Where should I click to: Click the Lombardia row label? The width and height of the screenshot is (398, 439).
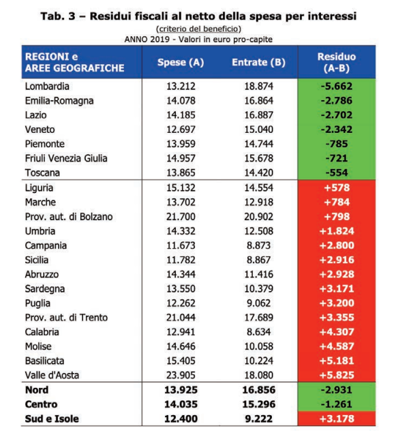click(47, 86)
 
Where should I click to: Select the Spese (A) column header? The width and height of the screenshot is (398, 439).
click(181, 62)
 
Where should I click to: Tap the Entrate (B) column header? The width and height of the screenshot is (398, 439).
click(258, 62)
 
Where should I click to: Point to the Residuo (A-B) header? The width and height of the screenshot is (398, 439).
click(337, 63)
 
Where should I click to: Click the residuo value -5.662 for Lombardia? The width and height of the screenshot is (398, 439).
click(337, 86)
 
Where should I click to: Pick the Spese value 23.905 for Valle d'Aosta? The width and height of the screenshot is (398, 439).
click(181, 375)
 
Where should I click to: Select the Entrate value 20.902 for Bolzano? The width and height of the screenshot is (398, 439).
click(258, 217)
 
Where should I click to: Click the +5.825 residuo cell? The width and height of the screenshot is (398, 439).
click(337, 375)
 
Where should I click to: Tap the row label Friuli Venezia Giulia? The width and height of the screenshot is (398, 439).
click(66, 158)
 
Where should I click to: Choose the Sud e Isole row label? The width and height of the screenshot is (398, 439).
click(52, 419)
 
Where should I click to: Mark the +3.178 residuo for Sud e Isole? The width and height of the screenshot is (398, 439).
click(337, 419)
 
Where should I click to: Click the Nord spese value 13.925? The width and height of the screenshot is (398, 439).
click(181, 390)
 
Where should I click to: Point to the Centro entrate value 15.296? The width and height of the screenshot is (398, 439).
click(258, 404)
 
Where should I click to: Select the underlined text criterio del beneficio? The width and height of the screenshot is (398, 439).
click(198, 29)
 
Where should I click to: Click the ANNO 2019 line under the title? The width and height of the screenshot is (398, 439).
click(198, 40)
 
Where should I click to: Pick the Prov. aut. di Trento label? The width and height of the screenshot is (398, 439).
click(66, 318)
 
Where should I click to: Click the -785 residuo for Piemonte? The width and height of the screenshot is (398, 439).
click(337, 144)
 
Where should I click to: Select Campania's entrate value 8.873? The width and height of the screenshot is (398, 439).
click(258, 245)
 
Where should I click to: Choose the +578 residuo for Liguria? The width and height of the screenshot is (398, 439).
click(337, 187)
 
